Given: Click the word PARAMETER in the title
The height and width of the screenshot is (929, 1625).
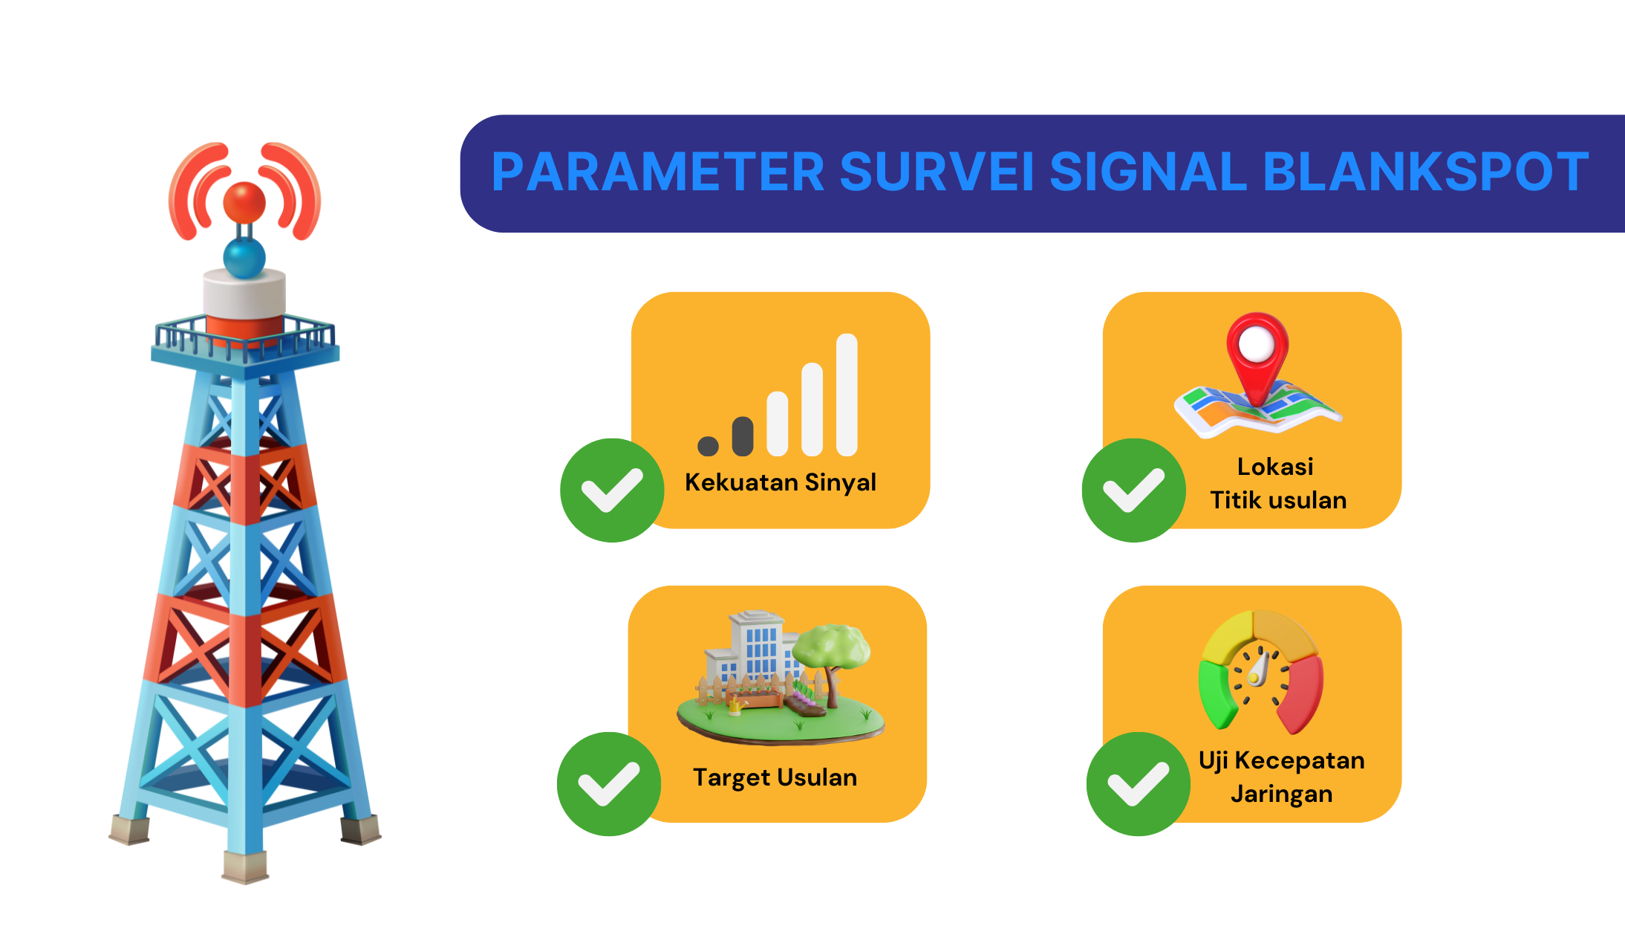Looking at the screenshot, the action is [658, 172].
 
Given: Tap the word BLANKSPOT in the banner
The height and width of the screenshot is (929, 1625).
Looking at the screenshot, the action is [1426, 172].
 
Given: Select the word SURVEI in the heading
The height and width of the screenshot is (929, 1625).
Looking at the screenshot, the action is [937, 172].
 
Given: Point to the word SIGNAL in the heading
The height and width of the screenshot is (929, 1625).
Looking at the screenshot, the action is [1148, 172].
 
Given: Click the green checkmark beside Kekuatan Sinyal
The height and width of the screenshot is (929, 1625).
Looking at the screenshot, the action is [612, 490].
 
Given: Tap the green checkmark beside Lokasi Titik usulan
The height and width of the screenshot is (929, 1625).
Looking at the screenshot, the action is [1134, 490].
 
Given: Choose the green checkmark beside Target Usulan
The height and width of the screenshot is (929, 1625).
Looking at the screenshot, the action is [609, 784].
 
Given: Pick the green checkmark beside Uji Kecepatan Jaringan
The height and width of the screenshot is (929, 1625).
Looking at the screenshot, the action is [1139, 784].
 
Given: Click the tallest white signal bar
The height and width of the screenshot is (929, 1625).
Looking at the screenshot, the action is [847, 395].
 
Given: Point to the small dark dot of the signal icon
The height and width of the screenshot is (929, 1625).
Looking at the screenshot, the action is [709, 446].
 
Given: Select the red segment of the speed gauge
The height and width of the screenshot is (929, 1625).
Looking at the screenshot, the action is [1302, 695].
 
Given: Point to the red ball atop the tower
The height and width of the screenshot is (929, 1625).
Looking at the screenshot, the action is [244, 201].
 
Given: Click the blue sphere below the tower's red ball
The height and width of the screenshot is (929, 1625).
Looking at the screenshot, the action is [244, 257].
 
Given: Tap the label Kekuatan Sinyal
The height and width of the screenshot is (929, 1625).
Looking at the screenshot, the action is [781, 482].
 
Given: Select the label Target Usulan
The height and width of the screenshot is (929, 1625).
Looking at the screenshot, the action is [775, 777].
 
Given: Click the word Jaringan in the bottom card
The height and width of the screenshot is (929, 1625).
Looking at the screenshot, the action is [1282, 794].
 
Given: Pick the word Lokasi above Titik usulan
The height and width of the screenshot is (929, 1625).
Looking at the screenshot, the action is [1275, 467].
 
